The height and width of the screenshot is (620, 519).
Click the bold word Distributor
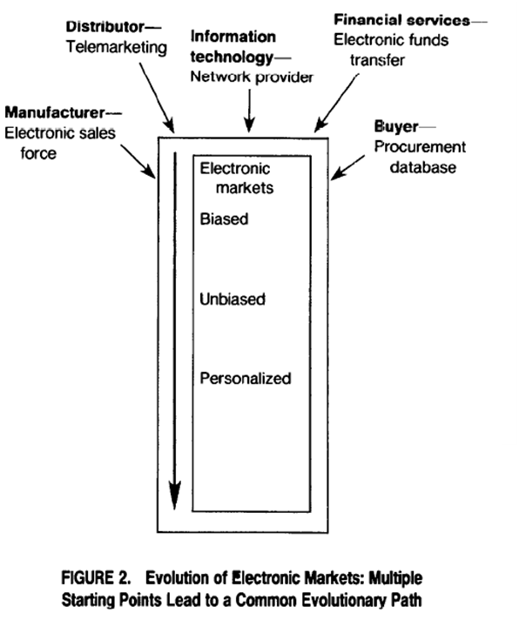click(105, 27)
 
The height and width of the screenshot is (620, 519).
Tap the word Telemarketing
click(117, 47)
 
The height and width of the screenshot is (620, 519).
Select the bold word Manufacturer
click(55, 112)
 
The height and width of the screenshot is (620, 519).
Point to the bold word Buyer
click(396, 127)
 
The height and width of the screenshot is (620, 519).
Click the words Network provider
click(252, 77)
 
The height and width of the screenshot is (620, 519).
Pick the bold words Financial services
click(402, 20)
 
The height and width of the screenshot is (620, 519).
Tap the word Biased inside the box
click(224, 219)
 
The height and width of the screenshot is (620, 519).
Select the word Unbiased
click(233, 299)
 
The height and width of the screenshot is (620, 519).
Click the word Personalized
click(246, 379)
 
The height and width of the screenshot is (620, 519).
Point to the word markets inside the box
click(245, 187)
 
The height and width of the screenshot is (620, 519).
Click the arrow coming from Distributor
click(157, 98)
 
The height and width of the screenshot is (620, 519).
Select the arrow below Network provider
click(249, 111)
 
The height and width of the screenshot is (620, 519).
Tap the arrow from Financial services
click(336, 103)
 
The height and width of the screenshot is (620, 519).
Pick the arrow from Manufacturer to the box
click(138, 161)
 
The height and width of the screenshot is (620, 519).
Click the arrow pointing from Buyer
click(347, 168)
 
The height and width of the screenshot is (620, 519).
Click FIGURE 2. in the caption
click(96, 577)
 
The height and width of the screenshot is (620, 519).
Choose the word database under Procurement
click(423, 167)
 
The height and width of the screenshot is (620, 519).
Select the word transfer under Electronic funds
click(377, 60)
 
